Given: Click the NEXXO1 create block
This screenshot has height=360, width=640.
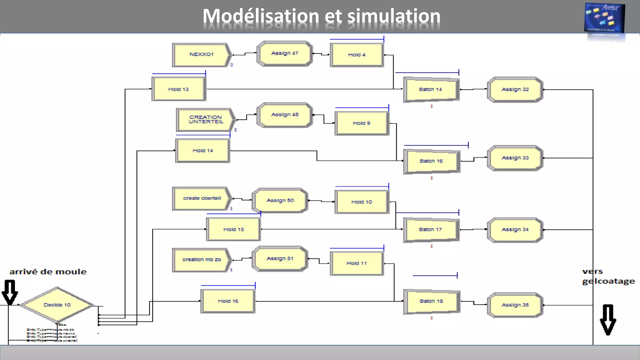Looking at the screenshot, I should [202, 55].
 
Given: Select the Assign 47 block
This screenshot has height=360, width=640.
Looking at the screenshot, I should [285, 54].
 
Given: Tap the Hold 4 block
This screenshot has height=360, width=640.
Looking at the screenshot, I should [357, 55].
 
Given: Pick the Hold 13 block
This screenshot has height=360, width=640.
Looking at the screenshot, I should [178, 89].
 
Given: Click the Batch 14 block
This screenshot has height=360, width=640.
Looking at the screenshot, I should [431, 90].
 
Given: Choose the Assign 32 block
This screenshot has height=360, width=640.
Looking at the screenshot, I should [515, 90].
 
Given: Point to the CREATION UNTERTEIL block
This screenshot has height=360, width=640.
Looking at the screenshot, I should [206, 120].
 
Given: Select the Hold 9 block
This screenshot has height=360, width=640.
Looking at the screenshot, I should [362, 123].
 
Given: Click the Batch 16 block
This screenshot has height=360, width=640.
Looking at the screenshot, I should [431, 161].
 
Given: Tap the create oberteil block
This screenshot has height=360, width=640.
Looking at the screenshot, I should [202, 198].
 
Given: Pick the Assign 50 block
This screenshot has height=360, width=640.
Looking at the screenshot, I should [280, 201].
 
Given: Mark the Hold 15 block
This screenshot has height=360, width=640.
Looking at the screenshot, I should [233, 229].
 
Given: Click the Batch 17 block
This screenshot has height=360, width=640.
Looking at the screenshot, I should [431, 230].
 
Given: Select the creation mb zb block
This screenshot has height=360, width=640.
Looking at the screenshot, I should [202, 260].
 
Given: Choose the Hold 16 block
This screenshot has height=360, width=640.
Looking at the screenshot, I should [228, 301].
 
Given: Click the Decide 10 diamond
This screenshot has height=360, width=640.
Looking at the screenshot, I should [57, 305].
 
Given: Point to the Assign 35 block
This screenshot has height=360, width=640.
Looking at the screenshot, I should [515, 305].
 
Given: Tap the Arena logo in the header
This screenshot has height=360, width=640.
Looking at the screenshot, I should [604, 18].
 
